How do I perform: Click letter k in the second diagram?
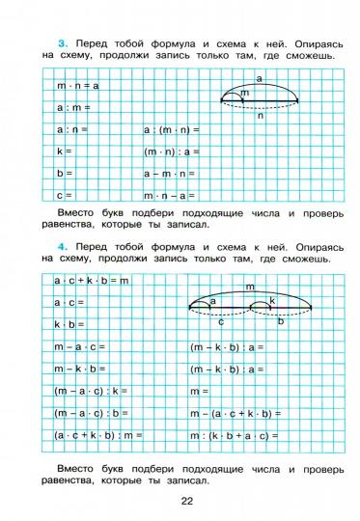pyautogui.click(x=273, y=301)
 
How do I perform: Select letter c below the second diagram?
pyautogui.click(x=220, y=321)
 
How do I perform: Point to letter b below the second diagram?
pyautogui.click(x=281, y=321)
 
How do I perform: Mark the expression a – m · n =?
pyautogui.click(x=170, y=174)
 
